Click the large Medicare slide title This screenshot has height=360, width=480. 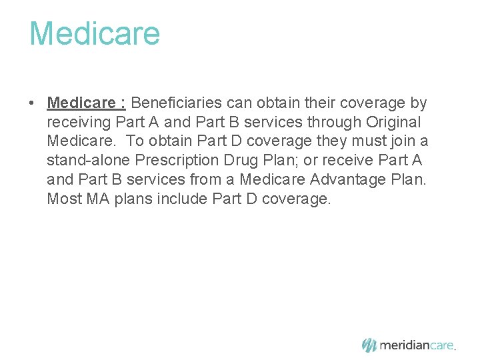tap(94, 33)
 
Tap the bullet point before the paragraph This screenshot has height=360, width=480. tap(31, 104)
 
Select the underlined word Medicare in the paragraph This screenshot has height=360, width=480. tap(81, 103)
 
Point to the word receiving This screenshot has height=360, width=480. tap(79, 123)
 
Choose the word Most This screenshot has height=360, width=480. tap(63, 199)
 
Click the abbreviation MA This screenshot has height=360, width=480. tap(98, 199)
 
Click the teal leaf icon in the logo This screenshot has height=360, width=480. tap(369, 345)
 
